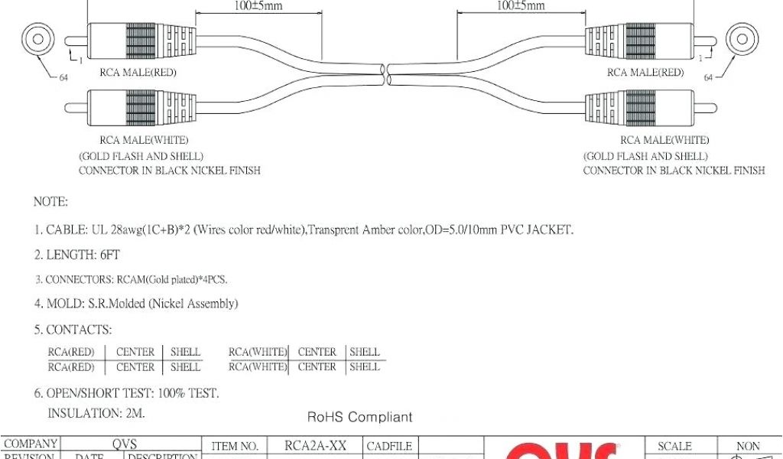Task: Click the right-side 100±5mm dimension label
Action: point(521,5)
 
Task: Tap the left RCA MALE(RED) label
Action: point(137,73)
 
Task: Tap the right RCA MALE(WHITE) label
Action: point(664,141)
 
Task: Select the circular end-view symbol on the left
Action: point(35,40)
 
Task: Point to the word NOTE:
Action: point(50,202)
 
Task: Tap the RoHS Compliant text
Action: point(359,417)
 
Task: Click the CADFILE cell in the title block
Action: point(390,446)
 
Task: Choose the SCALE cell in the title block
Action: point(674,446)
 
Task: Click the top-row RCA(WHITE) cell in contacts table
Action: point(258,352)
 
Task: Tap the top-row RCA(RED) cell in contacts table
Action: point(71,352)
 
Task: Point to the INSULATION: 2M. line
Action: point(96,413)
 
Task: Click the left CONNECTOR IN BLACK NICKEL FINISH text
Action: point(170,171)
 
